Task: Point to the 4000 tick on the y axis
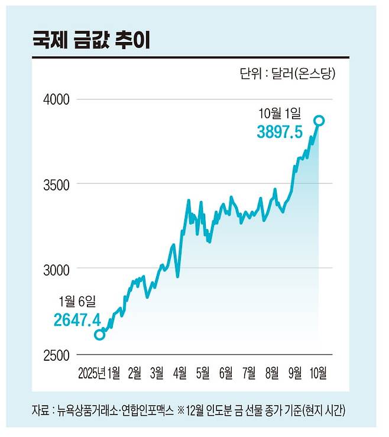[57, 99]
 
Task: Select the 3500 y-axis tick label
[57, 184]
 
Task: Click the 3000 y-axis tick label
[57, 270]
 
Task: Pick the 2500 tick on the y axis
[57, 355]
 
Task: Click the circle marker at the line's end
[319, 121]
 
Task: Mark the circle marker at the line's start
[99, 335]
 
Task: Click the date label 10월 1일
[280, 112]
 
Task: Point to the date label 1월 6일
[76, 301]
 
